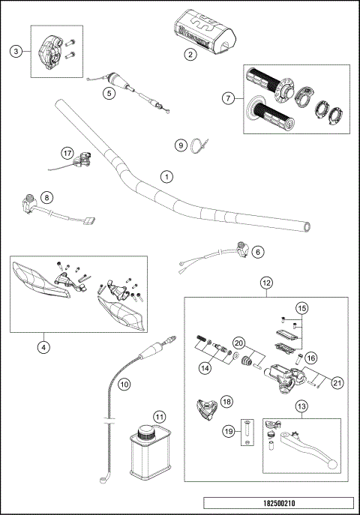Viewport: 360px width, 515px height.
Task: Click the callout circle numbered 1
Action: (x=166, y=177)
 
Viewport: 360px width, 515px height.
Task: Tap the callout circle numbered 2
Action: (x=191, y=54)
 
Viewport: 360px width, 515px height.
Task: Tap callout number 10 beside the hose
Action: (x=124, y=383)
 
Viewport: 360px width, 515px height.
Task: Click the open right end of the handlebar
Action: (x=305, y=225)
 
